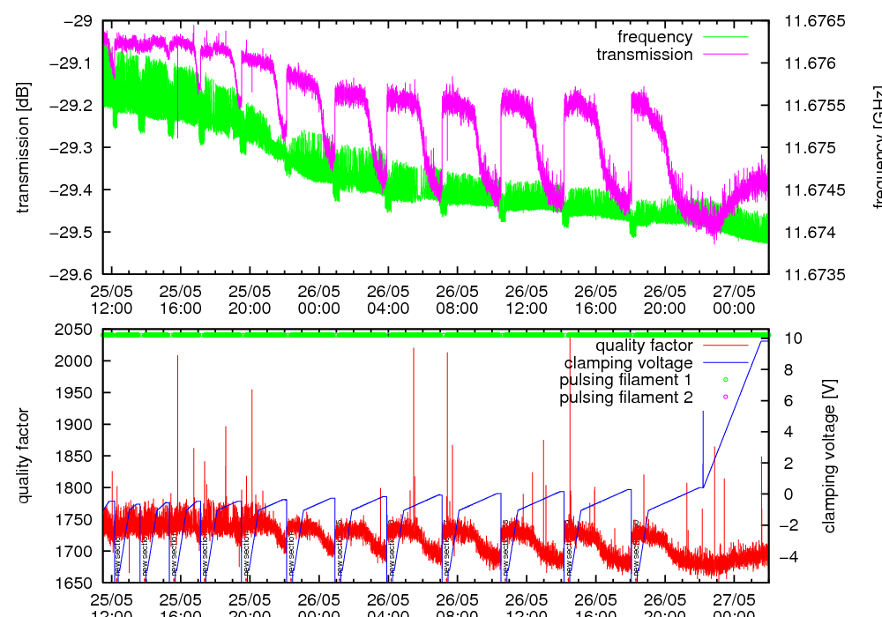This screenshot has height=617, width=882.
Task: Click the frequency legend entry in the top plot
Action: [x=654, y=37]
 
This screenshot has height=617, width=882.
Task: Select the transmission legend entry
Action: [x=645, y=55]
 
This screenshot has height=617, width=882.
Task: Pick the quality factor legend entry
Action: [x=644, y=346]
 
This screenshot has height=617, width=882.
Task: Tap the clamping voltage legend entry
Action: [x=629, y=363]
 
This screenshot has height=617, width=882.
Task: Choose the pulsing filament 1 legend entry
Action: [x=625, y=380]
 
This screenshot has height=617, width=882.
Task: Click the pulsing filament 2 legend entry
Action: [x=625, y=398]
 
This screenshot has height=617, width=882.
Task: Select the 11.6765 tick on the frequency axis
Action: [x=815, y=20]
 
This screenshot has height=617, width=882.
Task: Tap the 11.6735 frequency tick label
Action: [x=815, y=274]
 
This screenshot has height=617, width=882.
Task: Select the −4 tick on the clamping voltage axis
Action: [x=789, y=557]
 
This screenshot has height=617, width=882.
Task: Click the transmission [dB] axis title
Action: [x=24, y=147]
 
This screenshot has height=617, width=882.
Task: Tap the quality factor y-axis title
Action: [x=24, y=456]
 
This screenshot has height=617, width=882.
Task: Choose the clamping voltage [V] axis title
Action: [x=829, y=456]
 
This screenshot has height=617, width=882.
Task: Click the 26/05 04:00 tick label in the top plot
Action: [x=388, y=300]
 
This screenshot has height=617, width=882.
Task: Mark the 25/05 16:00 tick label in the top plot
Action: [x=181, y=300]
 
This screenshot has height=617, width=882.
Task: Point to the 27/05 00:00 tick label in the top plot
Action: [x=734, y=300]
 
